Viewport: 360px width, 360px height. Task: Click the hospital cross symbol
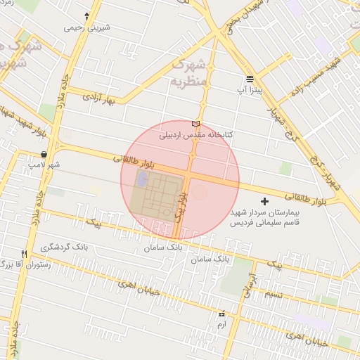264,202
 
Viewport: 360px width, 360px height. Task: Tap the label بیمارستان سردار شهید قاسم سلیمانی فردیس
265,216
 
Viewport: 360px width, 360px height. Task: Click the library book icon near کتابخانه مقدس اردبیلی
195,124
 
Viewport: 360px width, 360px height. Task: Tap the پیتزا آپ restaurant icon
250,79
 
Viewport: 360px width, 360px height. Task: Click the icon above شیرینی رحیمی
86,15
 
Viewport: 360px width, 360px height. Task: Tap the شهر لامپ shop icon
44,154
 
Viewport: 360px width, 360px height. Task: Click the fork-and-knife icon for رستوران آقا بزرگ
24,254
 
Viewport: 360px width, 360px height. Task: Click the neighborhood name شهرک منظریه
190,72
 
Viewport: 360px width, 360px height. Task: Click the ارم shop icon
223,314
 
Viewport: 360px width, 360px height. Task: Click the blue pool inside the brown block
139,180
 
